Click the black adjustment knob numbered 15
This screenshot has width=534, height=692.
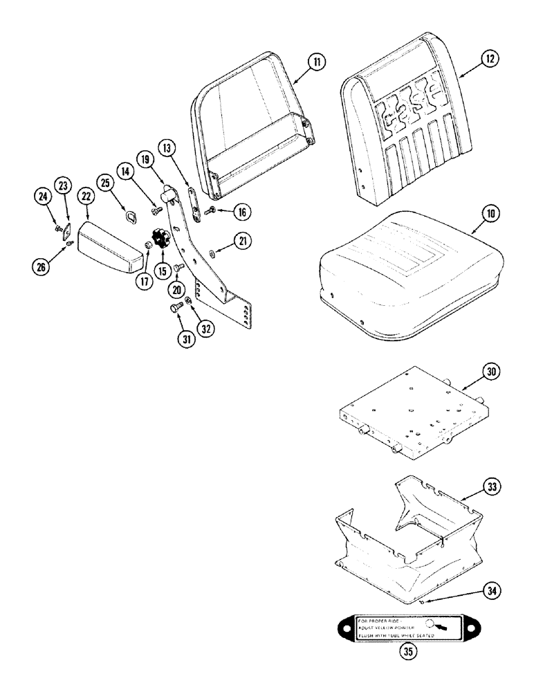tap(163, 239)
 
